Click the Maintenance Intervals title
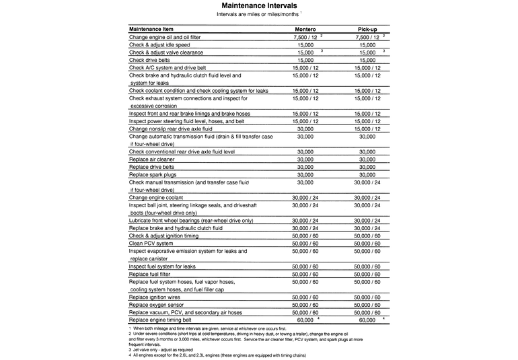259,5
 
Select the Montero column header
306,30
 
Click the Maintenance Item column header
153,30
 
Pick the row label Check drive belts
149,60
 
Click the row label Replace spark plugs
152,174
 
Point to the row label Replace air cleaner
151,159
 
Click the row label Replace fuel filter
151,274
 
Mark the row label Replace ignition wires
155,297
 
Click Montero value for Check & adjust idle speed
305,44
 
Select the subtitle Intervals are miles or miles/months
259,14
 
